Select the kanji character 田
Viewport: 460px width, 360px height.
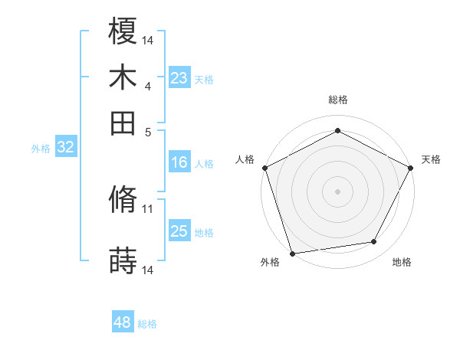coord(123,123)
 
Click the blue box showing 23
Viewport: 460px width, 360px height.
coord(179,78)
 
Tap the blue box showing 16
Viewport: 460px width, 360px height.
coord(179,162)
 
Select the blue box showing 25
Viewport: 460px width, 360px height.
coord(179,232)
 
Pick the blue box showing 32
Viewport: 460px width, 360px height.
coord(66,148)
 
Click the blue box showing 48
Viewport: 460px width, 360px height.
coord(123,322)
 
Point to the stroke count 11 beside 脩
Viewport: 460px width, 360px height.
coord(148,208)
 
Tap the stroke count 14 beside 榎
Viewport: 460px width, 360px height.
coord(148,39)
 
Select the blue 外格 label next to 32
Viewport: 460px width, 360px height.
coord(41,149)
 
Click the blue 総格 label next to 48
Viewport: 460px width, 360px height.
coord(147,324)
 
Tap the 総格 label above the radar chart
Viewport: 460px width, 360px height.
coord(338,100)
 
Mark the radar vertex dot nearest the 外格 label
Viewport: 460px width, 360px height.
coord(293,254)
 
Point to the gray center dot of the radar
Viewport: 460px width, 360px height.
coord(338,191)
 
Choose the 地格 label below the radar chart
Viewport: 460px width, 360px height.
coord(402,263)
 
